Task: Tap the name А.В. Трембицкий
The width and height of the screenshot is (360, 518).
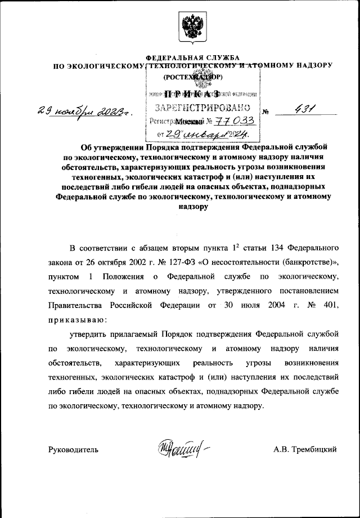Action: click(305, 449)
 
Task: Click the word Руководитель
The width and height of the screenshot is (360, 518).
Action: click(73, 449)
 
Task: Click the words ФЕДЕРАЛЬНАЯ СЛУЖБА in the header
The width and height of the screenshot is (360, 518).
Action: click(192, 58)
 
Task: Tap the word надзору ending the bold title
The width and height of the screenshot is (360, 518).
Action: click(192, 207)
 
